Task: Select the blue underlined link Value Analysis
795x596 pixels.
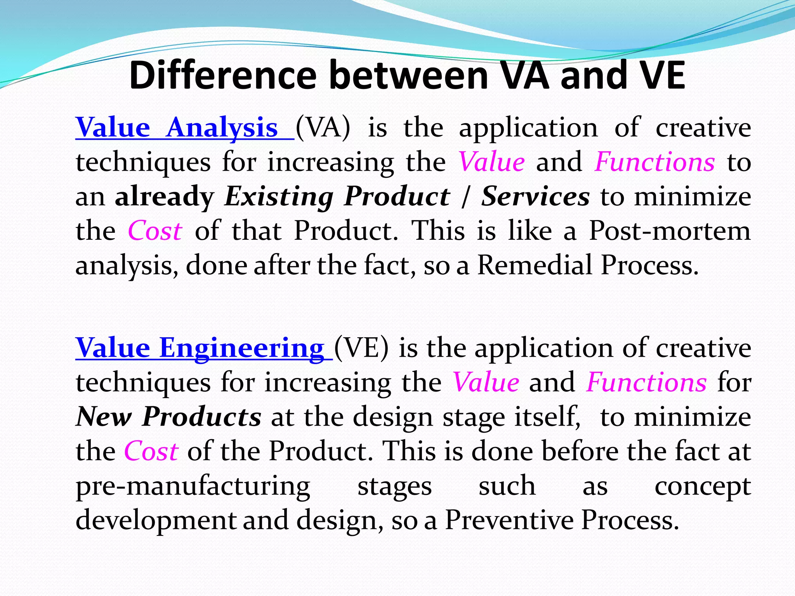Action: pos(177,128)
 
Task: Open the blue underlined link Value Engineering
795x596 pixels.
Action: pos(200,348)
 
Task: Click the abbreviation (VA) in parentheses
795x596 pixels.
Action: pos(323,128)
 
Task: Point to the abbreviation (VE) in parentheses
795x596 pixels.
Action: pos(361,348)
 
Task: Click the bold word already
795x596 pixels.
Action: pos(165,196)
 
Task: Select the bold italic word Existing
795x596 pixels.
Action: pos(279,196)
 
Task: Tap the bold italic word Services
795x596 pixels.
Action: pos(536,196)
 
